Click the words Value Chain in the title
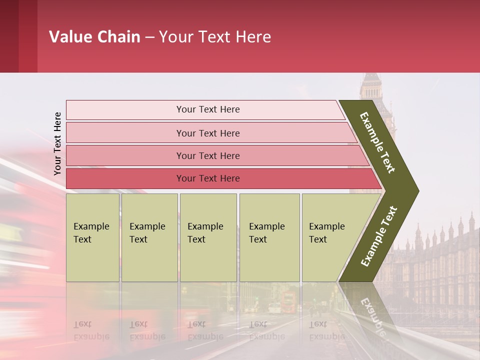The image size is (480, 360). click(x=94, y=37)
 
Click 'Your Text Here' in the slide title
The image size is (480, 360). click(x=215, y=37)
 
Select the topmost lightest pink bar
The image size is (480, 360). click(x=207, y=109)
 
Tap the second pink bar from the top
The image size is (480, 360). click(x=207, y=133)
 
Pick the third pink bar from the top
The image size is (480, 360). click(x=207, y=155)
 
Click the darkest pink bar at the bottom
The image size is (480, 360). click(x=207, y=178)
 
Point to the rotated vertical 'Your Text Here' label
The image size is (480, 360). click(x=57, y=143)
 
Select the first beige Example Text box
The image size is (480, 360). click(x=92, y=237)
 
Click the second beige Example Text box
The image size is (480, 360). click(x=149, y=237)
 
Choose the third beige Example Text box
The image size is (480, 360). click(x=208, y=237)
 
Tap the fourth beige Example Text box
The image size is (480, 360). click(x=269, y=237)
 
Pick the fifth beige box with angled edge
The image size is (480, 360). click(x=330, y=237)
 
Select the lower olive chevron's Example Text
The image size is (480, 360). click(x=379, y=236)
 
